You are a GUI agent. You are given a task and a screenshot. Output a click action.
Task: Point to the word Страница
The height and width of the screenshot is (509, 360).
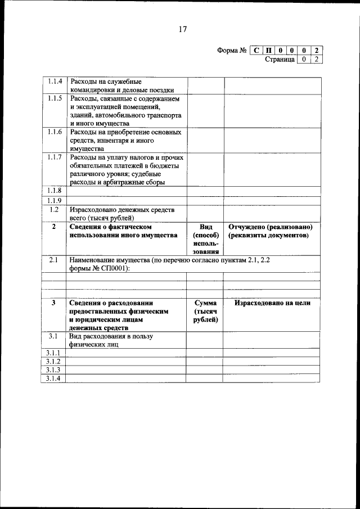[x=280, y=59]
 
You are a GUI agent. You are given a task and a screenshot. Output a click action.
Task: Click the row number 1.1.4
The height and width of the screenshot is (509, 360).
[x=55, y=82]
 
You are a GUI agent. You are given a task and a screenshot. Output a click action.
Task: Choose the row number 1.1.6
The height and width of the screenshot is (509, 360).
[x=55, y=132]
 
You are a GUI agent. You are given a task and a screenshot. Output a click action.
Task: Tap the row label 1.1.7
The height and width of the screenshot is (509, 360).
[x=55, y=157]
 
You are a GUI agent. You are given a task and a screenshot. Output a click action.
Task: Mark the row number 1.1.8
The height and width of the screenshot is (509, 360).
[x=55, y=191]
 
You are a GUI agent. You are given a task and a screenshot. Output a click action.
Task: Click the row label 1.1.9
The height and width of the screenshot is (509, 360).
[x=55, y=200]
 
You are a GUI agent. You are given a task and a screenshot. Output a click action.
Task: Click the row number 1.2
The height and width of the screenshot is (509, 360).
[x=54, y=209]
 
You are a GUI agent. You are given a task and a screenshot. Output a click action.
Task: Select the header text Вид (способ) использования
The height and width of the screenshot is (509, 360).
[x=205, y=239]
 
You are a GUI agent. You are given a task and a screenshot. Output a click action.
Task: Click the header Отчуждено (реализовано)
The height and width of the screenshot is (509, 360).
[x=271, y=227]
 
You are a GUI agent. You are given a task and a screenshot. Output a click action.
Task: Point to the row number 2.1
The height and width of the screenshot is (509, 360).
[x=54, y=260]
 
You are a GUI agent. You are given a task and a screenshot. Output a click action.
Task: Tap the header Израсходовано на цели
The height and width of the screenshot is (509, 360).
[x=272, y=303]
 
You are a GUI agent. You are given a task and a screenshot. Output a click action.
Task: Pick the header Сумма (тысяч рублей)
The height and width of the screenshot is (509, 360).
[x=205, y=311]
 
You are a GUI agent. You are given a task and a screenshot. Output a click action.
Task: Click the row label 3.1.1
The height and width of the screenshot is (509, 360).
[x=54, y=353]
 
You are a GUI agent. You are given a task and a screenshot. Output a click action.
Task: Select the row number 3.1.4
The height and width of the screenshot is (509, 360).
[x=54, y=379]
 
